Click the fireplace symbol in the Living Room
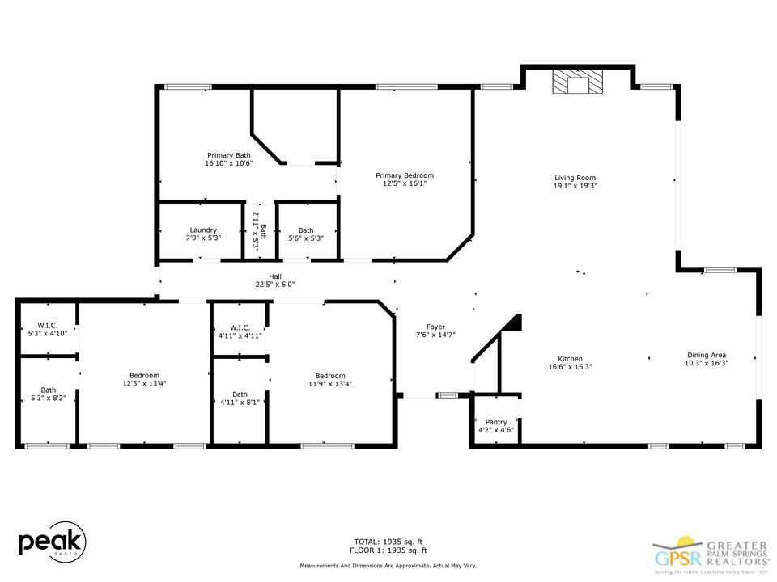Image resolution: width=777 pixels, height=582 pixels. (578, 83)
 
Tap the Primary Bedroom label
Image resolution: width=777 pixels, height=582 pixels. (404, 175)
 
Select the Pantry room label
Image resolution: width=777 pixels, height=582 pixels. (495, 422)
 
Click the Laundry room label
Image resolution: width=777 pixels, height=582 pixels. (202, 230)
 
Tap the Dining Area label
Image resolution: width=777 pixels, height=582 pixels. (707, 355)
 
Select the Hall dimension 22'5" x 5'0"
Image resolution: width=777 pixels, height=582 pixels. (275, 284)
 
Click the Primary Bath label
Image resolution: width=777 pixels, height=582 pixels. (229, 155)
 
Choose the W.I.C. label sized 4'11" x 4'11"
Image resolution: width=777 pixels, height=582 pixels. (240, 327)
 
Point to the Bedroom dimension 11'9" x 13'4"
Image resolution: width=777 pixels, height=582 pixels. (330, 384)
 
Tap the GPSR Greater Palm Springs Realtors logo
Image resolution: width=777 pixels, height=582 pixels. (711, 552)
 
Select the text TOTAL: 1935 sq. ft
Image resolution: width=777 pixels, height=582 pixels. (388, 541)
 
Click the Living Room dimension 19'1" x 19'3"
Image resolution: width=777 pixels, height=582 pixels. (575, 186)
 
